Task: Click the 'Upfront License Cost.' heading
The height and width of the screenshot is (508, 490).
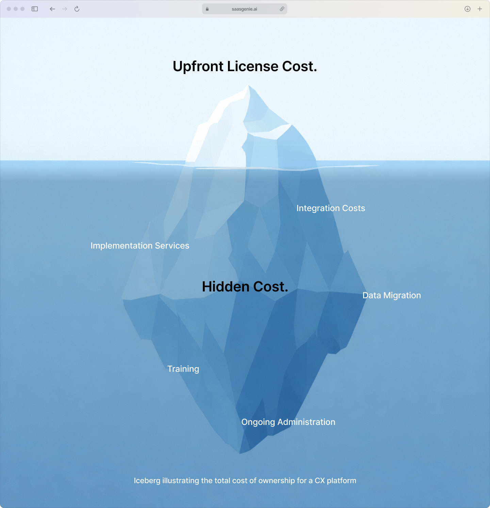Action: point(245,66)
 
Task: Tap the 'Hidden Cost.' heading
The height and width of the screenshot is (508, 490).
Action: point(245,287)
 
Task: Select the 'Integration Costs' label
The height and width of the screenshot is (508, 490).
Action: point(331,208)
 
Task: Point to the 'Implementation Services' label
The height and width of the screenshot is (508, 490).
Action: point(140,245)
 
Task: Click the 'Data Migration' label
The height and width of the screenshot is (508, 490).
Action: point(392,295)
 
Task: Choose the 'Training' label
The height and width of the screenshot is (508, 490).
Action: point(183,369)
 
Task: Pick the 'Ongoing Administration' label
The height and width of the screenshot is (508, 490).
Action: point(288,422)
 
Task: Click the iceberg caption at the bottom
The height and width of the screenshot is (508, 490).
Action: point(245,480)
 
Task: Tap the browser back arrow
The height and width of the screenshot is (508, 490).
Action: point(52,9)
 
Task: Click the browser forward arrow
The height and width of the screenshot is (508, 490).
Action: point(65,9)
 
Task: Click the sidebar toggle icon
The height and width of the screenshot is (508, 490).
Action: point(35,9)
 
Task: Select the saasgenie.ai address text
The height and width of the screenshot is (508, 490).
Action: point(244,9)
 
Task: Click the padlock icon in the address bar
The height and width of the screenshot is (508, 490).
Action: point(207,9)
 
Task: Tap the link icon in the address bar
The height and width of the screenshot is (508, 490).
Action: point(282,9)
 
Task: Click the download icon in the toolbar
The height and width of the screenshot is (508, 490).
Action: point(468,9)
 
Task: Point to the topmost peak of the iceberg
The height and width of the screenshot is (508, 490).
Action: point(249,85)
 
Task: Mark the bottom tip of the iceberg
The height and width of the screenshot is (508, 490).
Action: point(240,453)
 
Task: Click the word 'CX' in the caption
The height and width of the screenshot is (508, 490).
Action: point(320,480)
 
